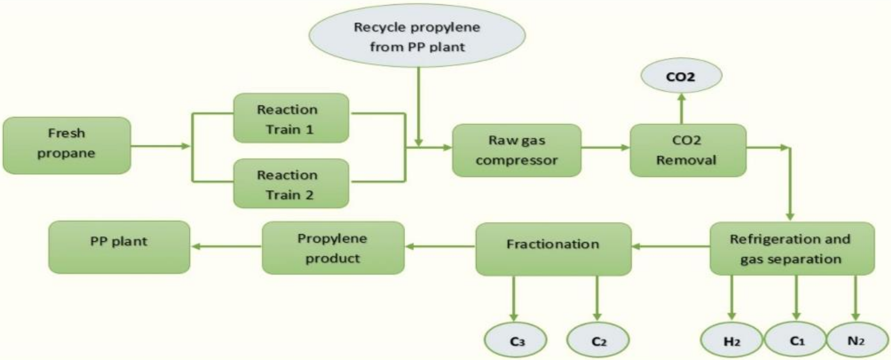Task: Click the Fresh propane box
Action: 66,145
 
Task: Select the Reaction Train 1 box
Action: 291,119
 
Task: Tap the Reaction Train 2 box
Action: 291,184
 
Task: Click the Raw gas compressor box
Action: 516,150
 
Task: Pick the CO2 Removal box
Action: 688,150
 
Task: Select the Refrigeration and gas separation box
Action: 791,249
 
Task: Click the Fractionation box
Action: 553,249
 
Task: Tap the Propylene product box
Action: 333,248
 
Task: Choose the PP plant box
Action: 119,247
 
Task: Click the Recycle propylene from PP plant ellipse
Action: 416,37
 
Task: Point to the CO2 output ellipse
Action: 681,76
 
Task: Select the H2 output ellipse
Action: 732,341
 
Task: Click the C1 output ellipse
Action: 796,341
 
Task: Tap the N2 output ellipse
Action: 855,341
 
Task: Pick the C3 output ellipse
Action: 516,341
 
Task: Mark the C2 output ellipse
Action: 598,341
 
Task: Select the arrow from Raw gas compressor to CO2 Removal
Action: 605,148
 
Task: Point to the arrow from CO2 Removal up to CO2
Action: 681,109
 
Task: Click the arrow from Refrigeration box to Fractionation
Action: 670,246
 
